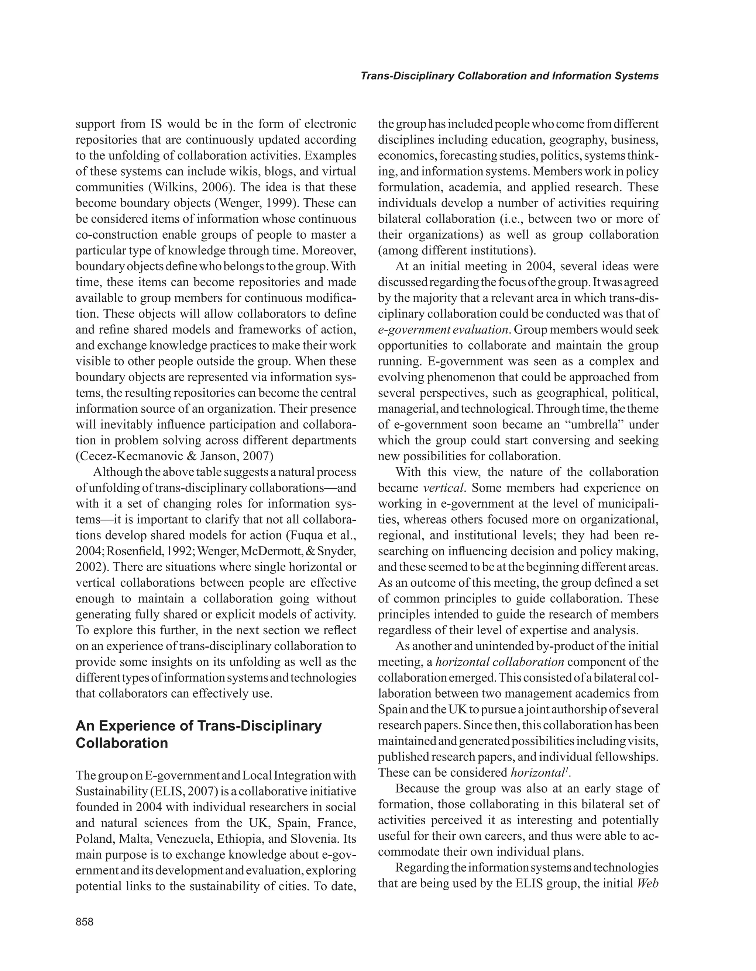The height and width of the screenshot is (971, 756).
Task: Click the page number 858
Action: click(x=85, y=922)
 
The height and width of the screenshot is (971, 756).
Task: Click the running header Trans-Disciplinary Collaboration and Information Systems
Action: click(x=509, y=76)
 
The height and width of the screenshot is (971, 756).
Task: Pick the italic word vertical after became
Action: click(x=444, y=488)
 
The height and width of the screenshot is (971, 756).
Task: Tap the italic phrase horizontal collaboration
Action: click(x=500, y=662)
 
